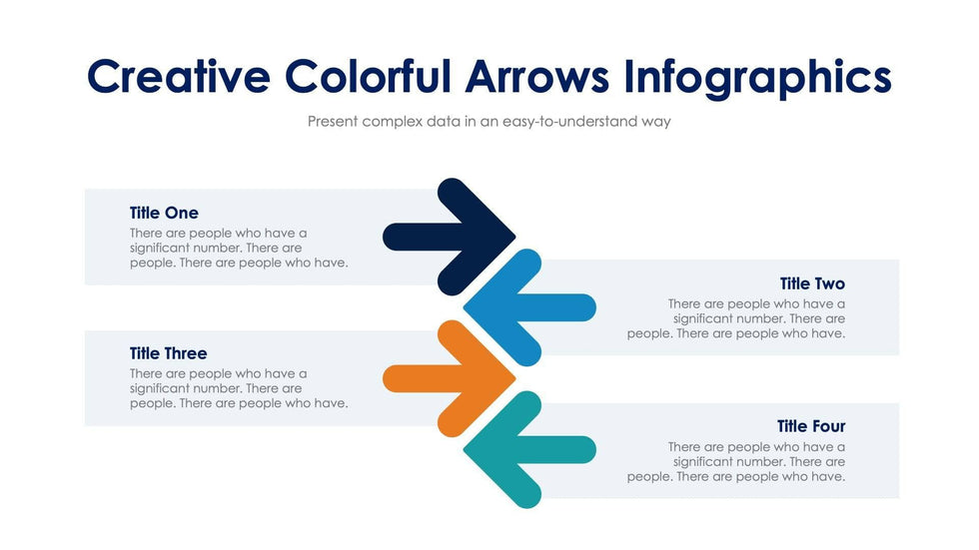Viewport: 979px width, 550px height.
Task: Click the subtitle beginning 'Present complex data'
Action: pos(489,122)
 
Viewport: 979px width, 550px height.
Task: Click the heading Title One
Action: pos(164,213)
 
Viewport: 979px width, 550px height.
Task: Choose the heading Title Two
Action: pos(812,283)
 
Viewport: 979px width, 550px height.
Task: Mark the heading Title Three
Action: pos(168,353)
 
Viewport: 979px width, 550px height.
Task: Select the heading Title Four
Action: pos(811,426)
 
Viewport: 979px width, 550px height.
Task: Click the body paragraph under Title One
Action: pos(239,248)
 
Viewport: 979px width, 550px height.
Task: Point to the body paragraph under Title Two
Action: pos(737,318)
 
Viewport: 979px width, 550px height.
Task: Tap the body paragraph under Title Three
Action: pos(239,388)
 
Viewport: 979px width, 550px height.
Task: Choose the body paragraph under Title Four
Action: pos(737,461)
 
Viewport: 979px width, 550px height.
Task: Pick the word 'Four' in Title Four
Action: pos(827,426)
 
